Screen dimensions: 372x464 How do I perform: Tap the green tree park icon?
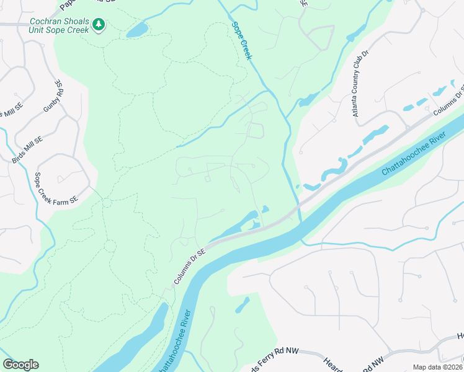point(98,25)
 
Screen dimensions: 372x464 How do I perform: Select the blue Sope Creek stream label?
point(242,41)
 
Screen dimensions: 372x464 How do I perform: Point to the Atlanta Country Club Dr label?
point(360,83)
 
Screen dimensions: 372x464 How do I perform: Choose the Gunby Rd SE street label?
point(53,96)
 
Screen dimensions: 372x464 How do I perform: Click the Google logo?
point(20,365)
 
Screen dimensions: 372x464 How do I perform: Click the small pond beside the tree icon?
point(137,30)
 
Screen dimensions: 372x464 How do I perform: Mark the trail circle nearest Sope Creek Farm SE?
point(107,203)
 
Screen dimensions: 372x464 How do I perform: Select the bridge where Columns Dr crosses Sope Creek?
point(298,204)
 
